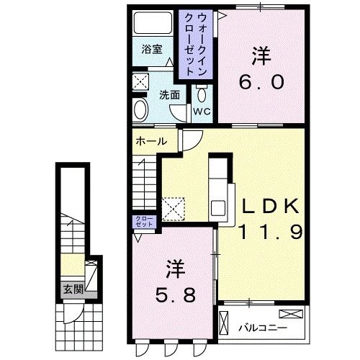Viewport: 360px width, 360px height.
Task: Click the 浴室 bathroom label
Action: point(152,49)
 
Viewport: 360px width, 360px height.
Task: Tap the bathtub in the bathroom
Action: point(153,23)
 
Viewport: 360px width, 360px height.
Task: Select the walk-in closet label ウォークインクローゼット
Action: point(196,45)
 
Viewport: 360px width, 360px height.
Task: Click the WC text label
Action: point(202,112)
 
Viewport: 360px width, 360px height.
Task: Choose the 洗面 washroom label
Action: point(170,95)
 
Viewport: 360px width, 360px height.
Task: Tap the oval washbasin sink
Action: point(141,109)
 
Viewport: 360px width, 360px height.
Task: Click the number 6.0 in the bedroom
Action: point(261,82)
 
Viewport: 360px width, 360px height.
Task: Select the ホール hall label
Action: point(151,141)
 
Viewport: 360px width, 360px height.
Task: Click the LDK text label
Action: point(271,206)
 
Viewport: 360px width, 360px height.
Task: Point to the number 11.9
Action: point(270,232)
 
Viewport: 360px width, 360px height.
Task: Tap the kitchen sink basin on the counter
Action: point(218,208)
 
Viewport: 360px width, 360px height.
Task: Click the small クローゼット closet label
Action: point(144,222)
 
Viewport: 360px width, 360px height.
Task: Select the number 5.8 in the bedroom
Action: point(175,295)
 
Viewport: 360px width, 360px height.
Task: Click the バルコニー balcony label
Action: point(263,328)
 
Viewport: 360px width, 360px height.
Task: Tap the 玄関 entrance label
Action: point(73,289)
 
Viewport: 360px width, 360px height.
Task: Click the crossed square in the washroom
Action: point(141,81)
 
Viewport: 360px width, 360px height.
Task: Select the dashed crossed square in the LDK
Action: point(174,209)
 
